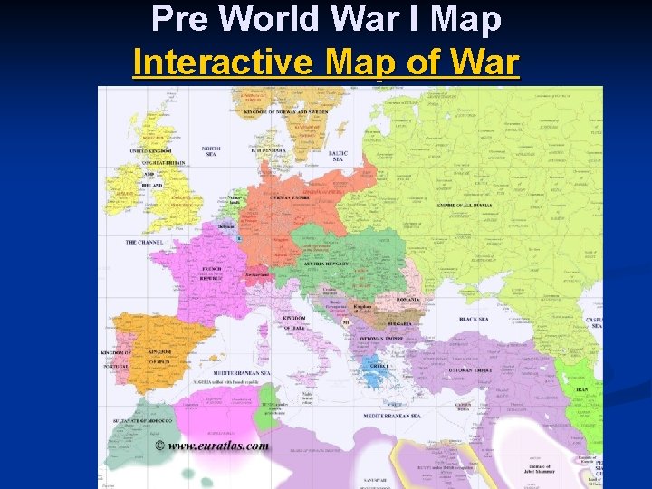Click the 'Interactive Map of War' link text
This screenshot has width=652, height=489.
tap(326, 63)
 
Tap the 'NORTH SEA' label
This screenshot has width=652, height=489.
tap(211, 151)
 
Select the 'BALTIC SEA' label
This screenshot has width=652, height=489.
tap(339, 156)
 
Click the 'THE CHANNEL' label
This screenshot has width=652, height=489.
tap(144, 243)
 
